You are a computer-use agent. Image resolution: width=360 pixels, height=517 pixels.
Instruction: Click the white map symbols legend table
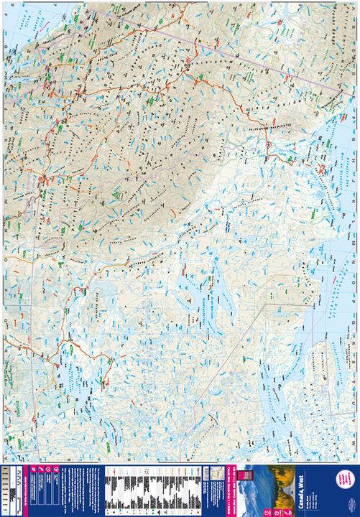pyautogui.click(x=144, y=488)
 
